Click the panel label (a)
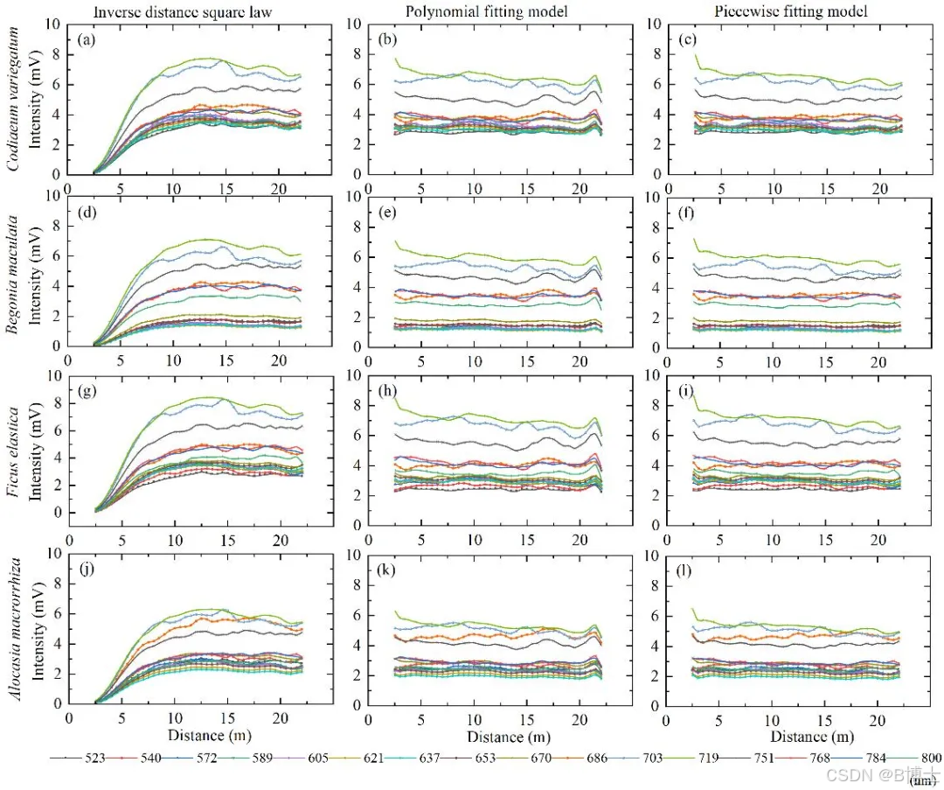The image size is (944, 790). point(86,40)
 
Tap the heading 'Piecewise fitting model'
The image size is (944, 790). point(790,11)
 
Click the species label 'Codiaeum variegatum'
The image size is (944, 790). point(12,100)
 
